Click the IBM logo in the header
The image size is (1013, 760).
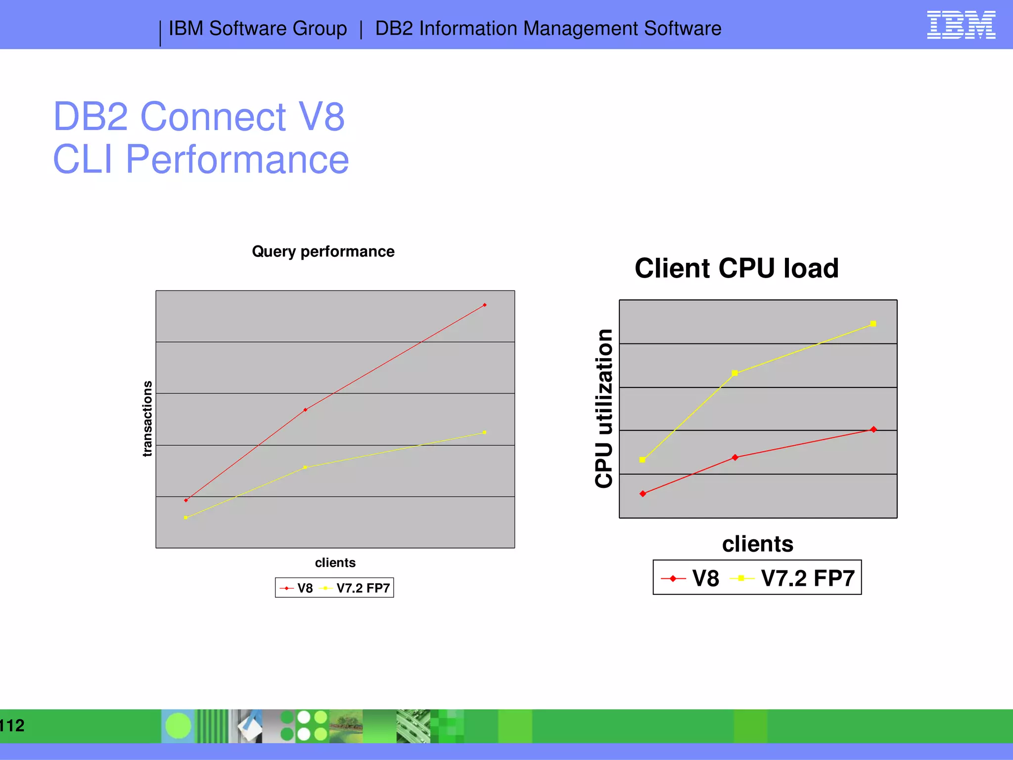click(961, 25)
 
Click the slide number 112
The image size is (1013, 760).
click(12, 725)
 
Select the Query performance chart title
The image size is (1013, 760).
click(323, 251)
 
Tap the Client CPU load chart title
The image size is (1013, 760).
click(736, 268)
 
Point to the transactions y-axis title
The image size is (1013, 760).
click(147, 419)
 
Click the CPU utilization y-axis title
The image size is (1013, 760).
click(604, 409)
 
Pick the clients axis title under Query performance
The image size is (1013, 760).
click(335, 563)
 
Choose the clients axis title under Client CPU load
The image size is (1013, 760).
click(757, 544)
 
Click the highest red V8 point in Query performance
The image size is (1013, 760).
click(485, 305)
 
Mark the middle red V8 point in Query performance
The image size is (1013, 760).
click(305, 410)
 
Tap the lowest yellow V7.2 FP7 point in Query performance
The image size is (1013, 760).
click(185, 518)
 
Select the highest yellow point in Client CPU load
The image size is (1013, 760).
click(873, 324)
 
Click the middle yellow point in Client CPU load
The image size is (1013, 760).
click(735, 373)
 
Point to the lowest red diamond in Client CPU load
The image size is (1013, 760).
click(643, 494)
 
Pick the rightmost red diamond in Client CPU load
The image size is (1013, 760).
click(874, 429)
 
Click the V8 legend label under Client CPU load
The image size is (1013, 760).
click(705, 578)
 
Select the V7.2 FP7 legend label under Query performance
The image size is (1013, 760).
click(363, 588)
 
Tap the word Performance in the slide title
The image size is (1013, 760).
click(237, 159)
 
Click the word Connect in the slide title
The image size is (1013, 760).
click(213, 117)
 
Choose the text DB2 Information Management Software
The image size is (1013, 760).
click(548, 29)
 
